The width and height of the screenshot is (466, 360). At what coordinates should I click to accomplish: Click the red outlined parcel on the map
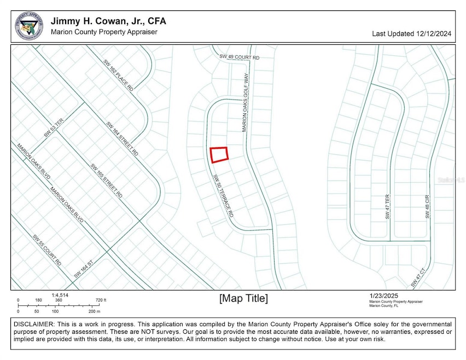(x=219, y=154)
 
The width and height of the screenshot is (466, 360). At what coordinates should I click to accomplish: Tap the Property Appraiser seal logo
(x=28, y=26)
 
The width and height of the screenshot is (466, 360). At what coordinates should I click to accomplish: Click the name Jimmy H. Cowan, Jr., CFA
(x=108, y=21)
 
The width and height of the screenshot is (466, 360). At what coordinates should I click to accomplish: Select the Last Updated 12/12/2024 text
(x=411, y=34)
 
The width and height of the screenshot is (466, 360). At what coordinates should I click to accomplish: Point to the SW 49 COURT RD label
(x=239, y=57)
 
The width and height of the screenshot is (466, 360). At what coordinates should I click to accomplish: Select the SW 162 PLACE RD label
(x=118, y=75)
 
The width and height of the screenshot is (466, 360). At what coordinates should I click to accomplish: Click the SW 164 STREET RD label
(x=122, y=139)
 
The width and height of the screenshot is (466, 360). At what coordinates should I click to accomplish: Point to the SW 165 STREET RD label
(x=106, y=181)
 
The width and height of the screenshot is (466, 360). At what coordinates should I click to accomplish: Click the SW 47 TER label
(x=387, y=207)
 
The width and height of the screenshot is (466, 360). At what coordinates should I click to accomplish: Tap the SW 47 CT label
(x=418, y=278)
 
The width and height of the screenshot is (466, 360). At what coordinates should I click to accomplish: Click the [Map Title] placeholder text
(x=243, y=298)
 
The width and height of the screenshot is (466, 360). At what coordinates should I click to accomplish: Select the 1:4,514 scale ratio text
(x=60, y=295)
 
